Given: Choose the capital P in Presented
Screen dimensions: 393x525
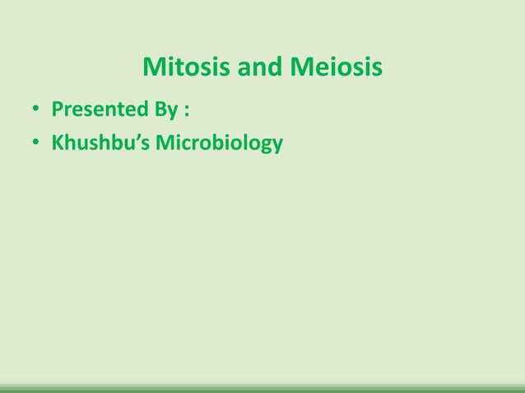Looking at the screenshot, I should pyautogui.click(x=58, y=109).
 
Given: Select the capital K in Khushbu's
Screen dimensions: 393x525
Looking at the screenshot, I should pyautogui.click(x=58, y=144).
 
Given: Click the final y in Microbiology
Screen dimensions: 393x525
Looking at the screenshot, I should pyautogui.click(x=277, y=147).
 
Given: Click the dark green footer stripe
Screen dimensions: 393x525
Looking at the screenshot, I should pyautogui.click(x=262, y=389).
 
